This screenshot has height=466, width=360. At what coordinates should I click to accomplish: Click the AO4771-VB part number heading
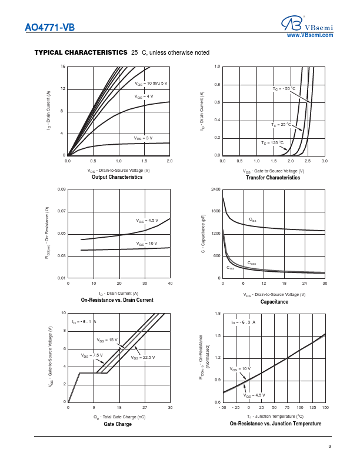point(50,27)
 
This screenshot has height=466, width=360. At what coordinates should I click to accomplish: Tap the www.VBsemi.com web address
point(309,35)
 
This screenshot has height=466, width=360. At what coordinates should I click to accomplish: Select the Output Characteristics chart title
point(117,177)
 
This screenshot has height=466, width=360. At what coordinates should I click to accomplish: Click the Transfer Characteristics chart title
point(272,178)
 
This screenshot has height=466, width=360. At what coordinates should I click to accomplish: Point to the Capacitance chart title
point(274,302)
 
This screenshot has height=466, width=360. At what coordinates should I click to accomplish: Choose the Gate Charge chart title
point(118,424)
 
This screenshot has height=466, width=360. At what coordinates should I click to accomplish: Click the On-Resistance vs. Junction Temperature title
point(275,424)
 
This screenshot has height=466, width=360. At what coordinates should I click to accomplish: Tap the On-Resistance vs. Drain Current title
point(117,300)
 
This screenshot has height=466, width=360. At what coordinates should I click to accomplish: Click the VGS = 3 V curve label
point(143,138)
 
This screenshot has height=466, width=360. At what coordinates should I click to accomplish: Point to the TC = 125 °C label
point(272,143)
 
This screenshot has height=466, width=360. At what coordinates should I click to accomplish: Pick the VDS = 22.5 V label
point(143,357)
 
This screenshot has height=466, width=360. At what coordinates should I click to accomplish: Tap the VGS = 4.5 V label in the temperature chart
point(255,395)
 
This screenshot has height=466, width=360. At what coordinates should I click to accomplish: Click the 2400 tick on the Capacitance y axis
point(215,189)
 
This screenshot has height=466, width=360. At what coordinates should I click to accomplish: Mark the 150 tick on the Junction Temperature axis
point(325,407)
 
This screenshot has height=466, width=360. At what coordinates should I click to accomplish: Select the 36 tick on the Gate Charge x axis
point(170,407)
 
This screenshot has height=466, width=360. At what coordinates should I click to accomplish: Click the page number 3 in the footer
point(330,447)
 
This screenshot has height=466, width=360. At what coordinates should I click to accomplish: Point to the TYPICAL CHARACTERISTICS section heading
point(81,52)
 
